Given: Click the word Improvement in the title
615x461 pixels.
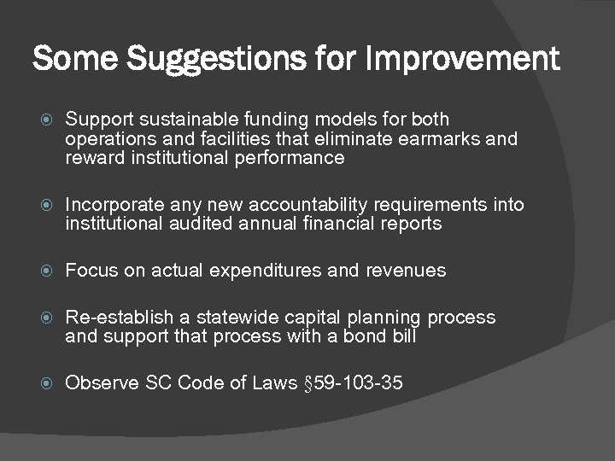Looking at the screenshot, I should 462,60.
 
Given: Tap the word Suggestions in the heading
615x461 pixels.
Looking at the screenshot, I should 199,60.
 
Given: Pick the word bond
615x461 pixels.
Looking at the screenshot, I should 365,336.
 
